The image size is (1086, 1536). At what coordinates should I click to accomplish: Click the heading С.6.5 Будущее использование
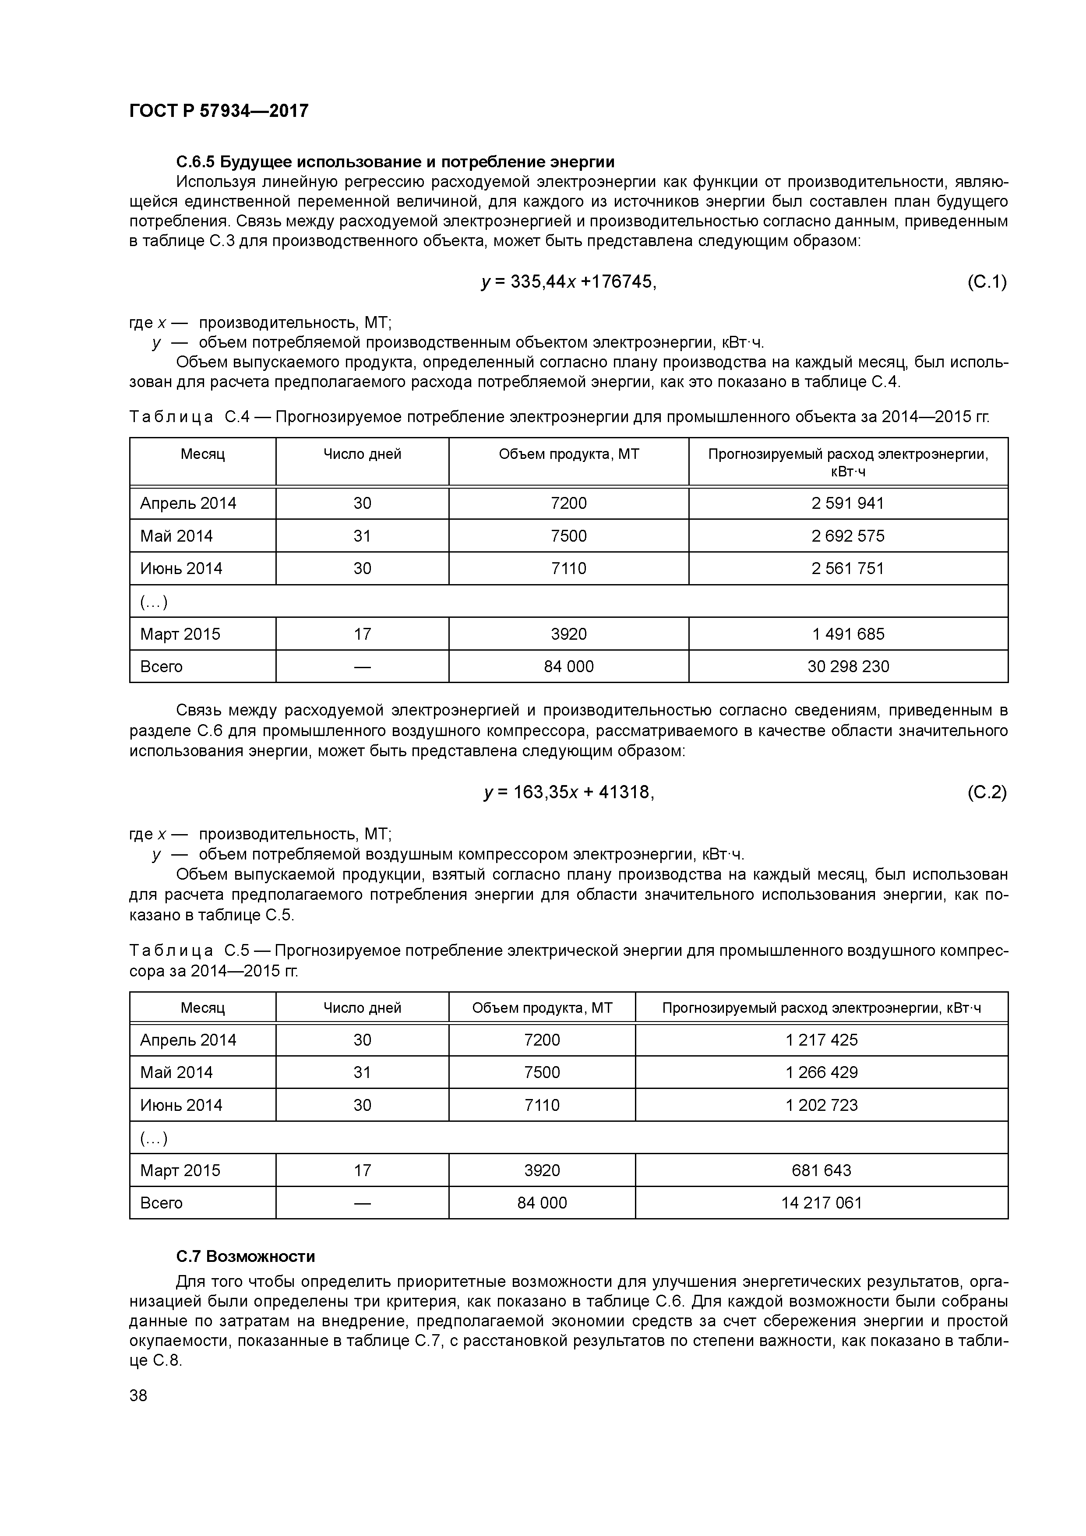[x=395, y=162]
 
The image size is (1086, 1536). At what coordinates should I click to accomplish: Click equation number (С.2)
[x=986, y=792]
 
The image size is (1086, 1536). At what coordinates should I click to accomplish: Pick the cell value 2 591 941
[x=848, y=503]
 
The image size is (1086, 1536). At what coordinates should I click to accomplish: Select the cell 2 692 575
[x=848, y=536]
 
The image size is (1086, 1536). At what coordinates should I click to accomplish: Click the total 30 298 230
[x=848, y=666]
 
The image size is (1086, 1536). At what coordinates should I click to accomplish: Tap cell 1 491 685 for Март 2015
[x=848, y=634]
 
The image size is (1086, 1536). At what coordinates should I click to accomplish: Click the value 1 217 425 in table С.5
[x=821, y=1039]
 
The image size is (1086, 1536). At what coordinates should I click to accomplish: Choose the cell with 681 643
[x=821, y=1170]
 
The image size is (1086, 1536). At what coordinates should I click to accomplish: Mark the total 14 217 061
[x=821, y=1203]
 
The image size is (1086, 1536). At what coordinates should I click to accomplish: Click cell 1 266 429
[x=821, y=1072]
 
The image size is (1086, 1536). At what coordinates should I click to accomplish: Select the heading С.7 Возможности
[x=246, y=1256]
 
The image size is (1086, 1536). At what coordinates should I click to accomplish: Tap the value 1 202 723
[x=821, y=1105]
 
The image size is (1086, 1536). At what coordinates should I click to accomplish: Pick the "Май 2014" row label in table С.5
[x=176, y=1072]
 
